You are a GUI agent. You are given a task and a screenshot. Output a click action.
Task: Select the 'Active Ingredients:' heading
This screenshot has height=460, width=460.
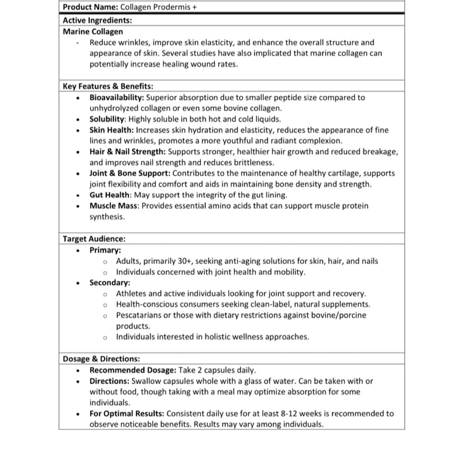coord(97,20)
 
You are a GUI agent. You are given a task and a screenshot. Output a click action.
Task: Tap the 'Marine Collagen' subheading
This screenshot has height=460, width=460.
coord(93,31)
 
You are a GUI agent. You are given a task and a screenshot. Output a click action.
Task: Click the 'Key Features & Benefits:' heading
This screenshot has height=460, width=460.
coord(108,86)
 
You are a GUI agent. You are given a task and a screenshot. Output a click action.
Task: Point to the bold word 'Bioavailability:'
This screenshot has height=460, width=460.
coord(117,97)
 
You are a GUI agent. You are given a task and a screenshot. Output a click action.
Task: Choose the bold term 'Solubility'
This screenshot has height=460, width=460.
coord(106,119)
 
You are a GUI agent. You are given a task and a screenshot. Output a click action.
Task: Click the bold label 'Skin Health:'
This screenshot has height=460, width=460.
coord(111,130)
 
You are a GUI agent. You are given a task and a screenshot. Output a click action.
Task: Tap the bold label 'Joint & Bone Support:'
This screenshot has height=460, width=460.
coord(130,173)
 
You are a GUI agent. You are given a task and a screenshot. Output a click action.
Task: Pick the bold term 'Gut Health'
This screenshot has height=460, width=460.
coord(110,195)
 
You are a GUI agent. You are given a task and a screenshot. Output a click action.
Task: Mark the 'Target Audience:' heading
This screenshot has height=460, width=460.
coord(94,239)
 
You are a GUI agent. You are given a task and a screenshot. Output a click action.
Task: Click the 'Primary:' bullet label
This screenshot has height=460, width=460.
coord(105,250)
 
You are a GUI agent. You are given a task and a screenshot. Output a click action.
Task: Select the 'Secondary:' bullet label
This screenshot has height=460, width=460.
coord(110,283)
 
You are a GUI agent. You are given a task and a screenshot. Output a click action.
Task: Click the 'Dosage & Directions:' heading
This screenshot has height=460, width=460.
coord(102,359)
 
